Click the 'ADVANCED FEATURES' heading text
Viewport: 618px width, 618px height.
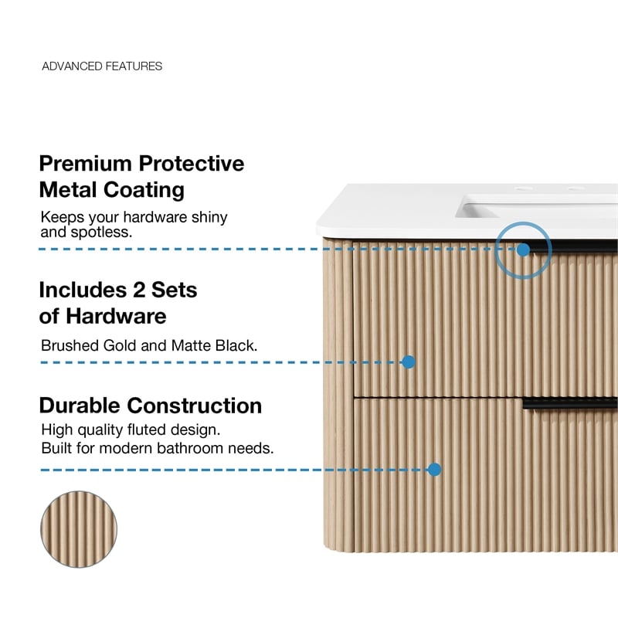[x=102, y=66]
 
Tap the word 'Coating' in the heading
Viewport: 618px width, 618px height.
[x=144, y=190]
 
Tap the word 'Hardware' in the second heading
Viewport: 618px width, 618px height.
[x=116, y=316]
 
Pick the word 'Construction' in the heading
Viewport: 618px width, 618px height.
[x=195, y=406]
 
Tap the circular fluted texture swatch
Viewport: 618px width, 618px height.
[x=79, y=529]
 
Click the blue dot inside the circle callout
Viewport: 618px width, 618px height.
[x=523, y=250]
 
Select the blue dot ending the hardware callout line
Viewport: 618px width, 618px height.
[x=409, y=362]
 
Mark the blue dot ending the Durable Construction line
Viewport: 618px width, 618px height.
[x=434, y=469]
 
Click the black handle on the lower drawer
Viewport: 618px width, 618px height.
[x=570, y=403]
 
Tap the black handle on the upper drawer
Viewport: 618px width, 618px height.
[x=573, y=247]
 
